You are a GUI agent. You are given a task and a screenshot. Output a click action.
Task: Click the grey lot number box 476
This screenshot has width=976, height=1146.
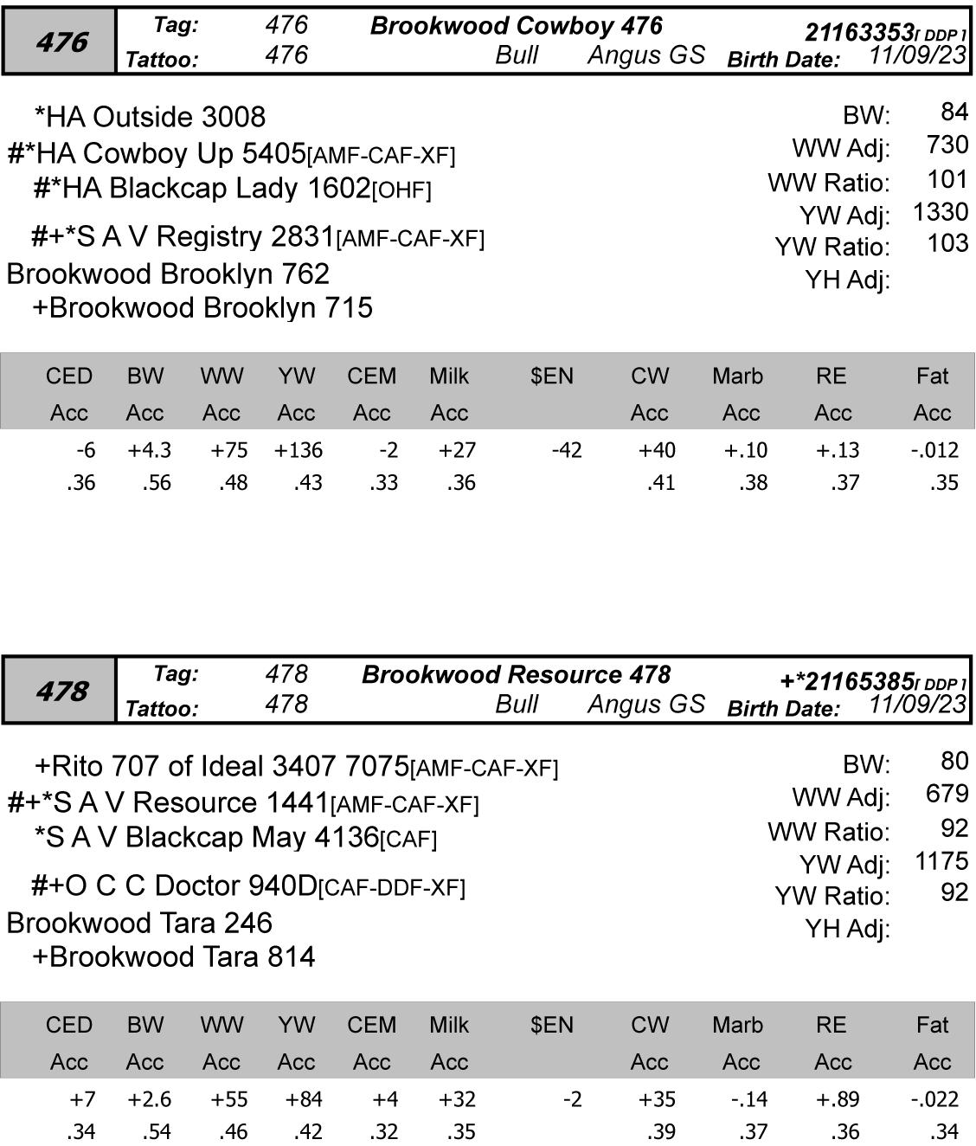60,42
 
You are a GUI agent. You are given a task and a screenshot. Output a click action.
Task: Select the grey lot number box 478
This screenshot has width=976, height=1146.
60,691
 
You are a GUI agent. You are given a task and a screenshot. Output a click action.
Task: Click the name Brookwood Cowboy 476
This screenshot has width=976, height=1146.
516,26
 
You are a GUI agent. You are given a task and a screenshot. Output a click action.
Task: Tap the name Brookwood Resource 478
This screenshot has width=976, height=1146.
516,675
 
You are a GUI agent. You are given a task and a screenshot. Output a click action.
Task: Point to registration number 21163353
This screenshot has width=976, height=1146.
858,33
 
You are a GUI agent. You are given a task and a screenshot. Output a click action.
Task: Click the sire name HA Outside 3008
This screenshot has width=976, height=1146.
150,117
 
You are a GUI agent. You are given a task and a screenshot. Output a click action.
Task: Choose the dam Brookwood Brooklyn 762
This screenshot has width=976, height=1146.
168,274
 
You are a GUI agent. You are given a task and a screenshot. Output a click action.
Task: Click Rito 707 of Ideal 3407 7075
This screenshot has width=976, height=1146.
222,766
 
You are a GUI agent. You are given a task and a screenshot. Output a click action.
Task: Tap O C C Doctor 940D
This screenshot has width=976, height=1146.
174,885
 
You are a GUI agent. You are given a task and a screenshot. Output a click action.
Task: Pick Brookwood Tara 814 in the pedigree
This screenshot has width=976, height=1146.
173,956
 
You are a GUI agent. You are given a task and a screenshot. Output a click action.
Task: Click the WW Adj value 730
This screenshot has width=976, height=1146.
947,145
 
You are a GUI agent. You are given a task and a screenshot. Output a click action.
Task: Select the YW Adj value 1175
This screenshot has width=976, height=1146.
941,861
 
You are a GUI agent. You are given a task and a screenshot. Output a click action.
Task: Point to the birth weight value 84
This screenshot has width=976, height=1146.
954,112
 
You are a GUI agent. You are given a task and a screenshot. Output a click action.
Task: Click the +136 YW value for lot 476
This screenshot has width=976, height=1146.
298,450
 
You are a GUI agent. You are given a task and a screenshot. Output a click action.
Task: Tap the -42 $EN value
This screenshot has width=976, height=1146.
567,450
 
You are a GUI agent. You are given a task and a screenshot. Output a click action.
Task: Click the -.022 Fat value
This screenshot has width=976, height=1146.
934,1099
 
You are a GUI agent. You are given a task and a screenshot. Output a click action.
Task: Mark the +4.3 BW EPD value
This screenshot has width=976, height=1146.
149,450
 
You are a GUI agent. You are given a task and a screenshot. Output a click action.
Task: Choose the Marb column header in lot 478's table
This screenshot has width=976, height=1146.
737,1025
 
